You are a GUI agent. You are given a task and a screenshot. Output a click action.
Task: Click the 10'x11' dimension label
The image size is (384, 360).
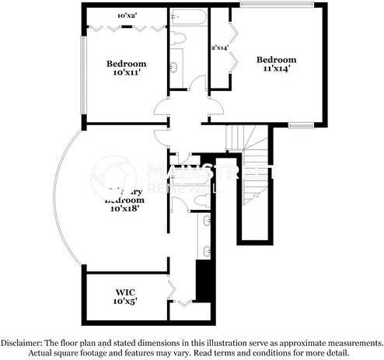click(127, 73)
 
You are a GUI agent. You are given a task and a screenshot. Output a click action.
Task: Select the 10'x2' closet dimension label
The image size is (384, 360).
click(126, 15)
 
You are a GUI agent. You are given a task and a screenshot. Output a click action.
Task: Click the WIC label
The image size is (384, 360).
click(127, 292)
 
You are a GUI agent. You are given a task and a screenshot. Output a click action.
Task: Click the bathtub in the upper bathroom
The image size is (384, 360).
click(187, 16)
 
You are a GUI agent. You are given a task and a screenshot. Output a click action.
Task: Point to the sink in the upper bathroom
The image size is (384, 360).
click(176, 67)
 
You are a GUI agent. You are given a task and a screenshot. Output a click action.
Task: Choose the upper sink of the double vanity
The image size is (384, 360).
click(208, 222)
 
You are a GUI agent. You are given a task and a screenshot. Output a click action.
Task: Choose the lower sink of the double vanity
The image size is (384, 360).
click(208, 250)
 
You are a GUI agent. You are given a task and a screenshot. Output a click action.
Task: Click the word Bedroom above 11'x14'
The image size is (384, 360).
click(277, 60)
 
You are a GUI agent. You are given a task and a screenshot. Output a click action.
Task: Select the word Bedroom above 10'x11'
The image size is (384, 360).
click(127, 64)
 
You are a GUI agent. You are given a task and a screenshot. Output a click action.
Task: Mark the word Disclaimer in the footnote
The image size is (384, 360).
click(23, 342)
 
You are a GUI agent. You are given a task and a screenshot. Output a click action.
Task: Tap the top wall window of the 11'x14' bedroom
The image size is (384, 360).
click(277, 5)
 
